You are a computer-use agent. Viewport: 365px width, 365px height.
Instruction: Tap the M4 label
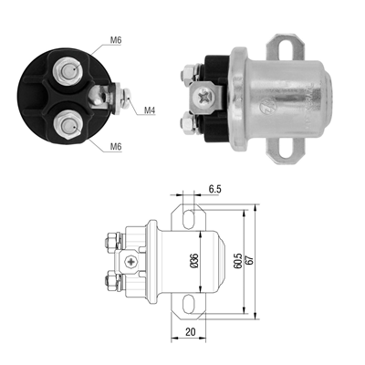(x=150, y=111)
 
